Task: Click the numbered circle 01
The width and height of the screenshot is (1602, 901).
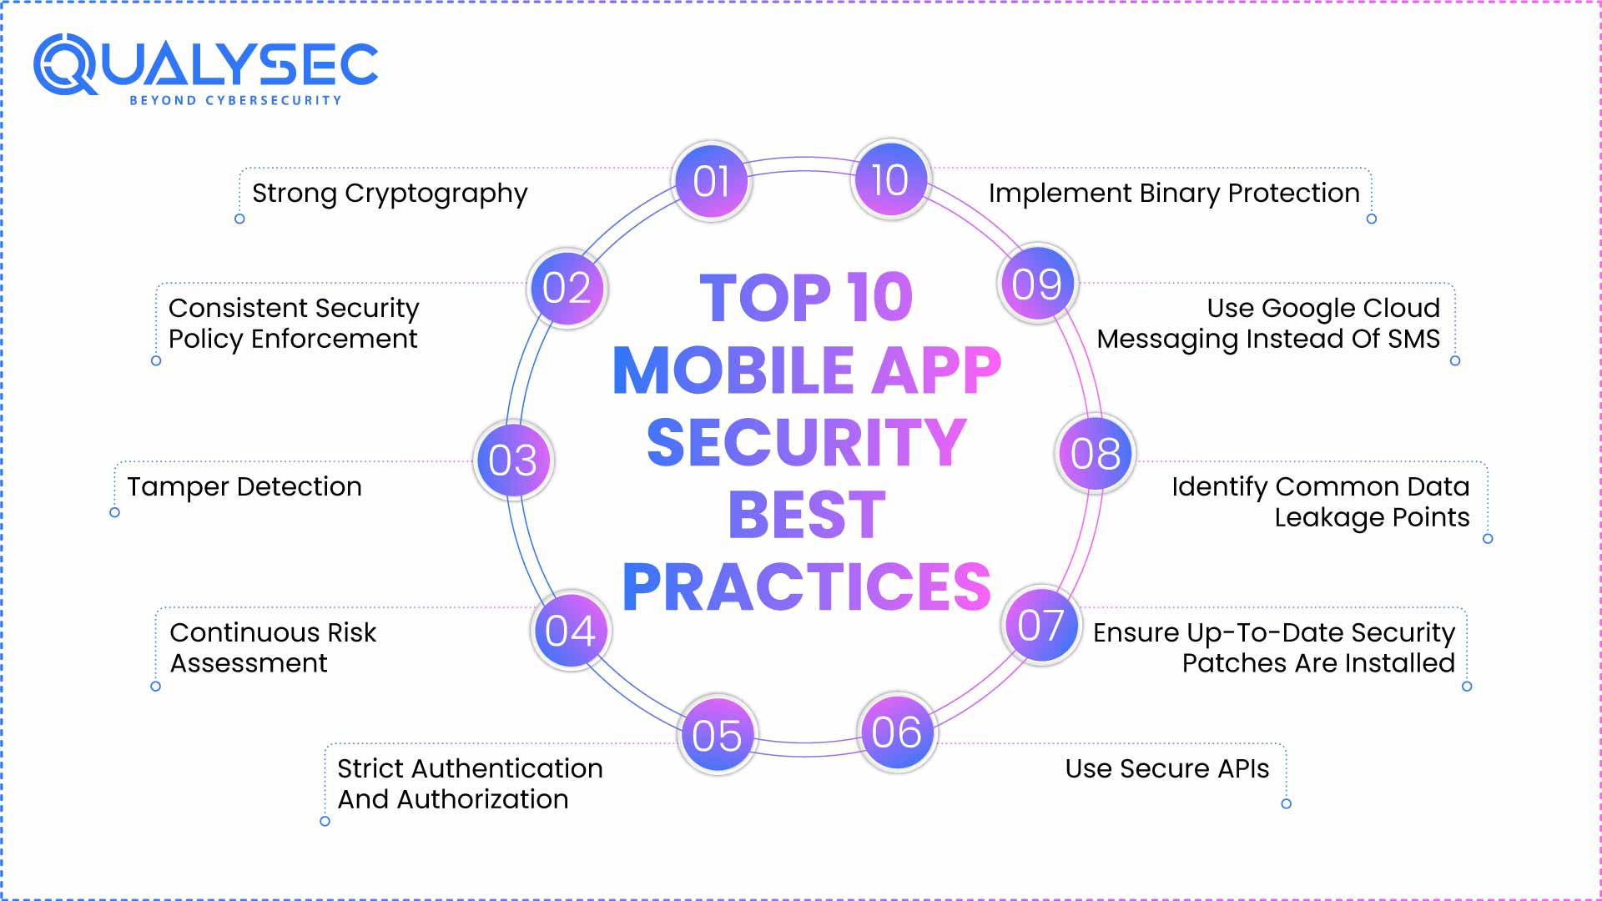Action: pyautogui.click(x=712, y=180)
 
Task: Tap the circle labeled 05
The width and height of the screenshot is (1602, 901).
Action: pyautogui.click(x=717, y=735)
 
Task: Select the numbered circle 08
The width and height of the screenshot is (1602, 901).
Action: pyautogui.click(x=1096, y=454)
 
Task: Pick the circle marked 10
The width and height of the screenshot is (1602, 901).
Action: pyautogui.click(x=890, y=179)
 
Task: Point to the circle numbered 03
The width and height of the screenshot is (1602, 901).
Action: pyautogui.click(x=513, y=460)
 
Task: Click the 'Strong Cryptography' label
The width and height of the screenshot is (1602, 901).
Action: pyautogui.click(x=390, y=194)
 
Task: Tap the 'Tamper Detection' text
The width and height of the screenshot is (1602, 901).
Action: pyautogui.click(x=244, y=486)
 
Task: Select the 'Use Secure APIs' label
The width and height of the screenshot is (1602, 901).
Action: pyautogui.click(x=1166, y=768)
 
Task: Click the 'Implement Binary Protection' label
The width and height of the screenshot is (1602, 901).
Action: pyautogui.click(x=1174, y=194)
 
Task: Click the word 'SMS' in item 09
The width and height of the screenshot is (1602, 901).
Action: pyautogui.click(x=1413, y=339)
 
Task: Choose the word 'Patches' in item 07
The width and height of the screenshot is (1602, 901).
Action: pyautogui.click(x=1223, y=663)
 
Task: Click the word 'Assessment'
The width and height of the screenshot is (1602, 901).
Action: pyautogui.click(x=249, y=663)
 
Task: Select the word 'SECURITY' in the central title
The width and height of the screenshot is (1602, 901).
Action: pyautogui.click(x=806, y=442)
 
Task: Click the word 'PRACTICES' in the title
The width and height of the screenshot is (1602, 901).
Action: pyautogui.click(x=806, y=586)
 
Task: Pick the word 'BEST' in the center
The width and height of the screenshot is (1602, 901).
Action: pyautogui.click(x=806, y=515)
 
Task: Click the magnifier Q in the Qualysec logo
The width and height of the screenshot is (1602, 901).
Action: pyautogui.click(x=65, y=65)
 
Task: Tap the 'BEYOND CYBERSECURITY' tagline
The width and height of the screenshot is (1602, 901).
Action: pyautogui.click(x=235, y=100)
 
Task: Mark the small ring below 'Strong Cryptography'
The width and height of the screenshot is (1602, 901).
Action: pyautogui.click(x=239, y=219)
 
